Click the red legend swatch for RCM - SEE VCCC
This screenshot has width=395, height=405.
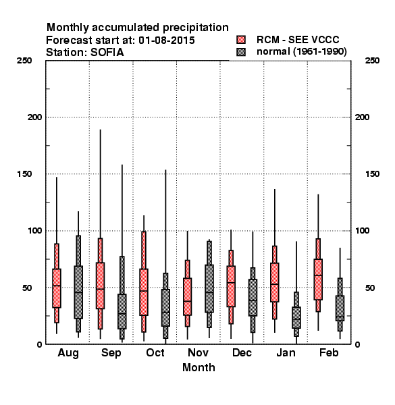coord(241,40)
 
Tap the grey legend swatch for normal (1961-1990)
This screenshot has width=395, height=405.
coord(241,52)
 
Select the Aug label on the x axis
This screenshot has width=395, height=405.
coord(68,353)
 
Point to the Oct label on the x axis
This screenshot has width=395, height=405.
coord(155,352)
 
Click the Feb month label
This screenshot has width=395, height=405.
coord(329,352)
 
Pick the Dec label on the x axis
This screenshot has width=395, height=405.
coord(242,352)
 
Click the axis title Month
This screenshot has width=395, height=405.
coord(199,367)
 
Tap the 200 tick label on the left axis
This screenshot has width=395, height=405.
coord(34,117)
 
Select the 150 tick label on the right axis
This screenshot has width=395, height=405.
coord(372,174)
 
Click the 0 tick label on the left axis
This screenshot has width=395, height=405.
coord(39,344)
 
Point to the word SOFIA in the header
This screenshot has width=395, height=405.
coord(107,53)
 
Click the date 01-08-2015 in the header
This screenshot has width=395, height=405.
coord(167,40)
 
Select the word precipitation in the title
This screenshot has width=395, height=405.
coord(196,28)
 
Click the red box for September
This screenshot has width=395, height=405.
coord(100,286)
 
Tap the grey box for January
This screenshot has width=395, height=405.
coord(296,318)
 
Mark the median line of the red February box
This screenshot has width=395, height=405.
coord(318,275)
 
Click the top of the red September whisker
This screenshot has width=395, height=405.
coord(100,130)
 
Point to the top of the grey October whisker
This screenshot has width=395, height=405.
coord(165,170)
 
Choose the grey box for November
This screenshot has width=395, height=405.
coord(209,288)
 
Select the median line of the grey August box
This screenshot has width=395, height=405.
coord(78,292)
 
